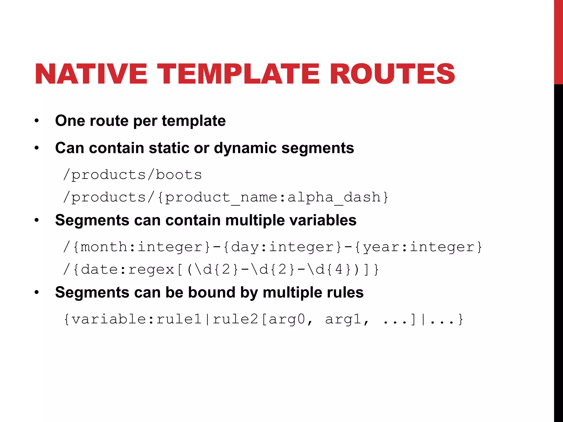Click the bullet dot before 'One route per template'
pos(37,121)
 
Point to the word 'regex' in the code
pos(151,269)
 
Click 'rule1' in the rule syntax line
pos(179,319)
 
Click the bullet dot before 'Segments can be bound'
pos(37,292)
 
